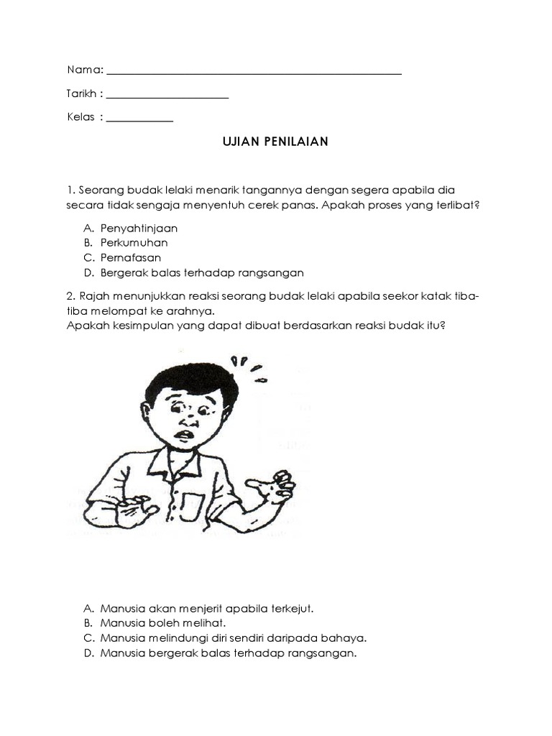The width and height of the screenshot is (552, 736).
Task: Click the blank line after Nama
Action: [253, 73]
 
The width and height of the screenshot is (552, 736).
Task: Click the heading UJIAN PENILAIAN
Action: [275, 142]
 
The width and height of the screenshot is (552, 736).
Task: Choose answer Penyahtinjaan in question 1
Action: [139, 228]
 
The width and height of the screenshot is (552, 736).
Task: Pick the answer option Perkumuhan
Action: [134, 243]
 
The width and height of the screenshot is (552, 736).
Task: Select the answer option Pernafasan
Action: [130, 257]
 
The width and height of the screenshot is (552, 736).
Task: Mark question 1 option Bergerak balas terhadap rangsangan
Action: [202, 272]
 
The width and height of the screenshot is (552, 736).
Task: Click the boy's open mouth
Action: [186, 436]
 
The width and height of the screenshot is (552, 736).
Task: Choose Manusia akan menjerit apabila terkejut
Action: [207, 608]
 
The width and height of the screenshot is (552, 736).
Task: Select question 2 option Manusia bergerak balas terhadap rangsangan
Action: [229, 653]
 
